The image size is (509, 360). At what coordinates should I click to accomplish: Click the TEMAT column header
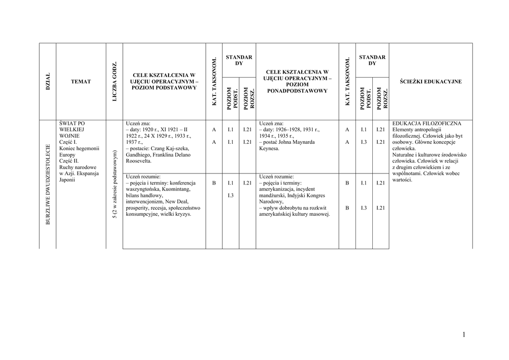[81, 82]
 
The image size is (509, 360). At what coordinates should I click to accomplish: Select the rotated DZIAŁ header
[48, 82]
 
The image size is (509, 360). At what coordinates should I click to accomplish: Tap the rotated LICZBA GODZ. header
[114, 82]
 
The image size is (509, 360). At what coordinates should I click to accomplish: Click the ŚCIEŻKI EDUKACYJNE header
[430, 82]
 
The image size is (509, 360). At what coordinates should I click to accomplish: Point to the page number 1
[464, 335]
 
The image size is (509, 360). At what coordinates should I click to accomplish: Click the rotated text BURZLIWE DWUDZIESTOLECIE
[48, 184]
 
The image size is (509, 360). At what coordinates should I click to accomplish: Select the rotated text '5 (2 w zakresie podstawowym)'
[114, 184]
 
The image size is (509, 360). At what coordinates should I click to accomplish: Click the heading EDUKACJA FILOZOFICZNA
[427, 123]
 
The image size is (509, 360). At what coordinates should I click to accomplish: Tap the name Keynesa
[269, 148]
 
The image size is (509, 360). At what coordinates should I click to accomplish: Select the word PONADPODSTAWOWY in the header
[297, 91]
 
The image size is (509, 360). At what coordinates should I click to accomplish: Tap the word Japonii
[68, 180]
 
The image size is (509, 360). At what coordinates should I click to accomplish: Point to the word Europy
[68, 155]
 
